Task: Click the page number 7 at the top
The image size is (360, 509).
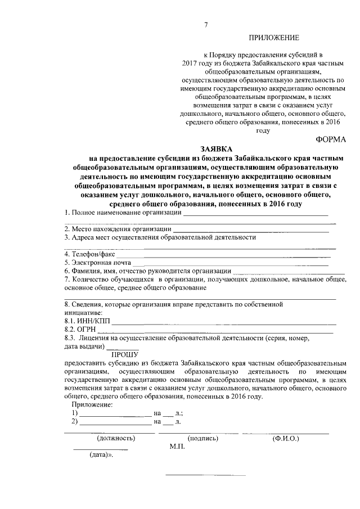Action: (x=206, y=24)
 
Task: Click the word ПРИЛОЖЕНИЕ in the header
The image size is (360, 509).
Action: (x=274, y=38)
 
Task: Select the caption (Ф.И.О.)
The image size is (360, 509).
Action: (x=285, y=438)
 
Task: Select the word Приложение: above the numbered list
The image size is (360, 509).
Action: (x=92, y=405)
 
